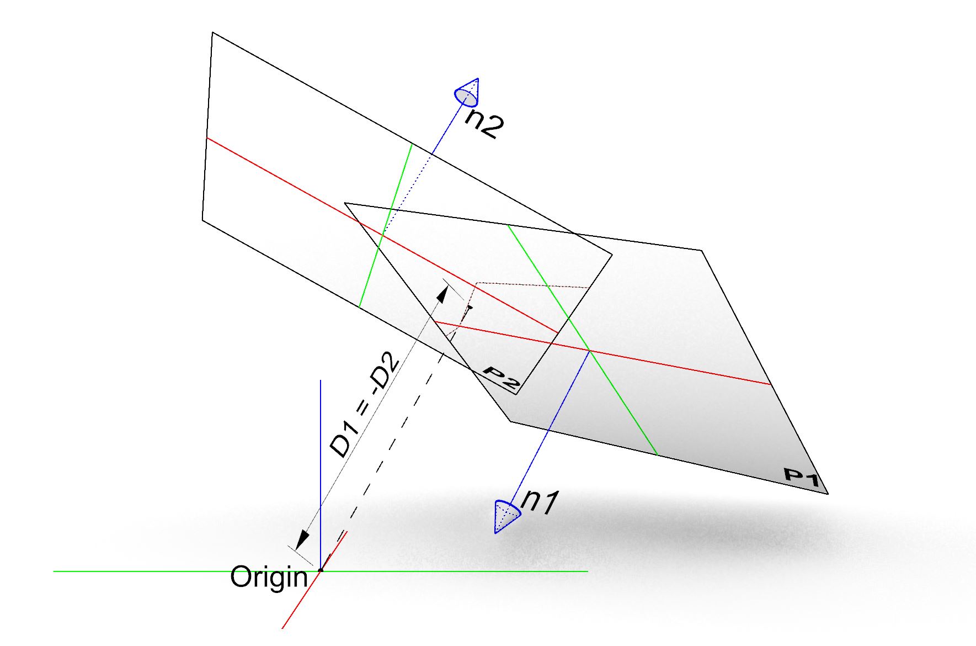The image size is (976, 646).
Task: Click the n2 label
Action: (484, 124)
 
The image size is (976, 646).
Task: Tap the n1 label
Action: (540, 502)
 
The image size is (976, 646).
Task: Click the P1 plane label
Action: (802, 477)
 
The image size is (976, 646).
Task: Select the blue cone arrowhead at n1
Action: (505, 516)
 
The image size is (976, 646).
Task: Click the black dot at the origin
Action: (321, 570)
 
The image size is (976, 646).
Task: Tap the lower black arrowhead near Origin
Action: (302, 539)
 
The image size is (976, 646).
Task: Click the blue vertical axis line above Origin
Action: (321, 469)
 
